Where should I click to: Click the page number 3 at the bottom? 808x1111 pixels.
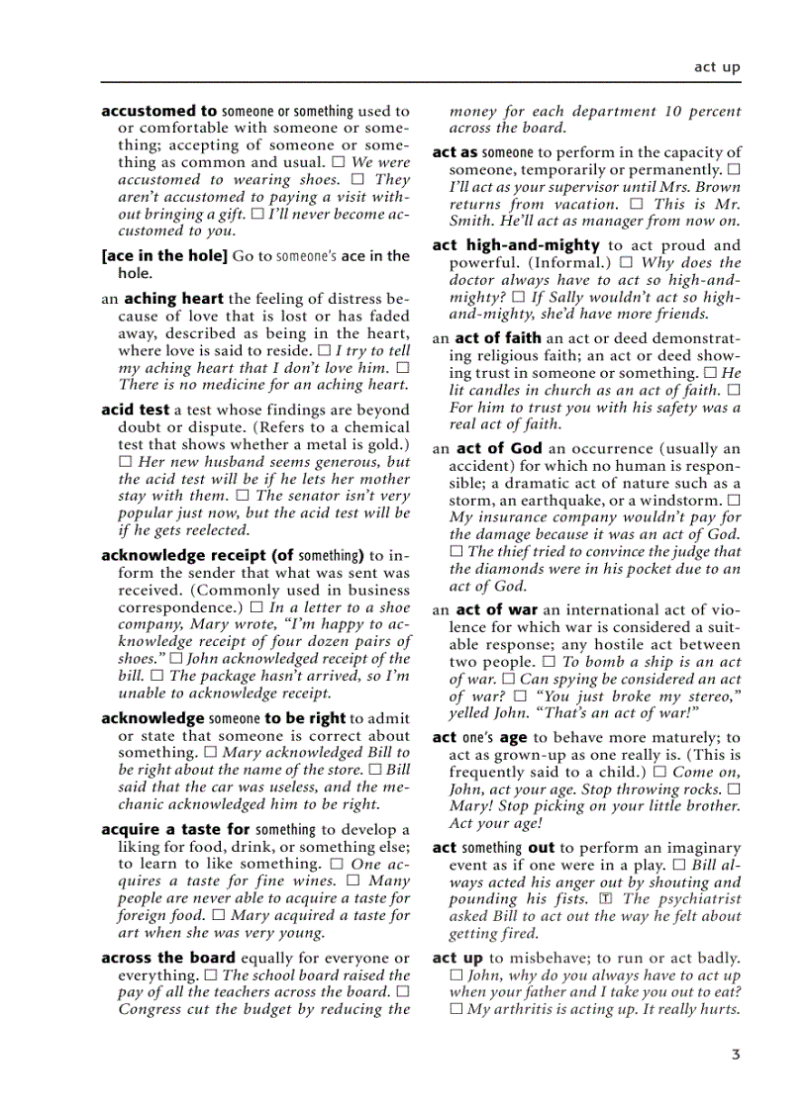tap(736, 1055)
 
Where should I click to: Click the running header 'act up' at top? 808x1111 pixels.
tap(717, 67)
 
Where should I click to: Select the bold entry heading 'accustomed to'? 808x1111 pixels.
tap(158, 112)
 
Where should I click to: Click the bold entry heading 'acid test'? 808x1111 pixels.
tap(136, 410)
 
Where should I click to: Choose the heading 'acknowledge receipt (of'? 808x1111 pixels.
tap(197, 556)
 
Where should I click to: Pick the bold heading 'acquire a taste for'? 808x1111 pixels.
tap(175, 830)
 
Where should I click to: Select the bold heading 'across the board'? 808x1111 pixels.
tap(168, 958)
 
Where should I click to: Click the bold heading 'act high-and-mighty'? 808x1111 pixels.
tap(516, 245)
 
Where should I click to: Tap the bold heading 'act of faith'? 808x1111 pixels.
tap(498, 338)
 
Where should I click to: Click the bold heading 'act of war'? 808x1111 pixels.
tap(497, 610)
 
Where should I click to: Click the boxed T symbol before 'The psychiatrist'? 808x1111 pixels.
tap(606, 899)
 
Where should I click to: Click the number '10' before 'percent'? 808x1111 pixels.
tap(671, 112)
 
